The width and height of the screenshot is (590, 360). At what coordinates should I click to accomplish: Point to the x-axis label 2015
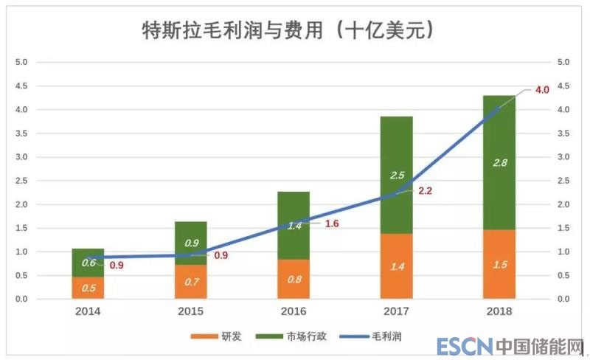[191, 312]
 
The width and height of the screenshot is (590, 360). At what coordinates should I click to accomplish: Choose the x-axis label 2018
[499, 312]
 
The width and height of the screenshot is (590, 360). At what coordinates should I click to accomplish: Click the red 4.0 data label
[542, 90]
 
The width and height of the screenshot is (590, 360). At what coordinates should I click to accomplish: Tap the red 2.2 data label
[425, 190]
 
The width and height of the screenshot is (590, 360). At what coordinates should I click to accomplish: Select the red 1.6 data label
[331, 223]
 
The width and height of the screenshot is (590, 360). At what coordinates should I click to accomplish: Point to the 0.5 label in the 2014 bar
[88, 288]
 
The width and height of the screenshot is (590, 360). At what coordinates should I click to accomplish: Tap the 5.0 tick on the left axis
[21, 62]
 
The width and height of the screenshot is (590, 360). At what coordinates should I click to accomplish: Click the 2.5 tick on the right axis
[563, 181]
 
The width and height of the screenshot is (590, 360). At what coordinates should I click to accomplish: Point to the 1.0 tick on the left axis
[21, 252]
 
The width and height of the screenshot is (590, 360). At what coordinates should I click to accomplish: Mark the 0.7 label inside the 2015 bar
[191, 281]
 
